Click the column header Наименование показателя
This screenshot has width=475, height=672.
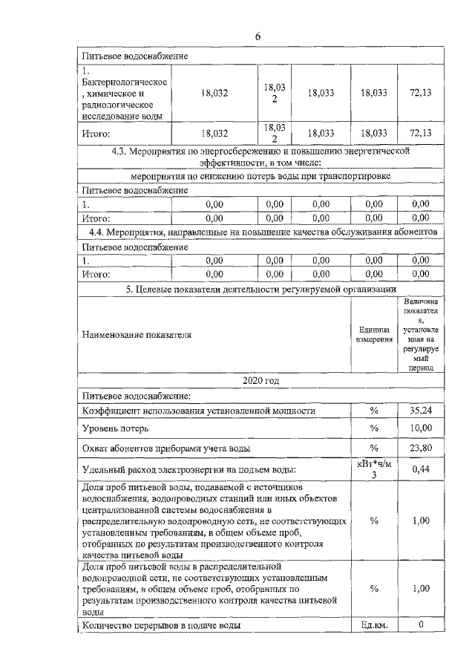pyautogui.click(x=137, y=334)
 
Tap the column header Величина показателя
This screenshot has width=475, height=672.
pyautogui.click(x=421, y=334)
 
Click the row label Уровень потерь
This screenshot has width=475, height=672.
pyautogui.click(x=115, y=428)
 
